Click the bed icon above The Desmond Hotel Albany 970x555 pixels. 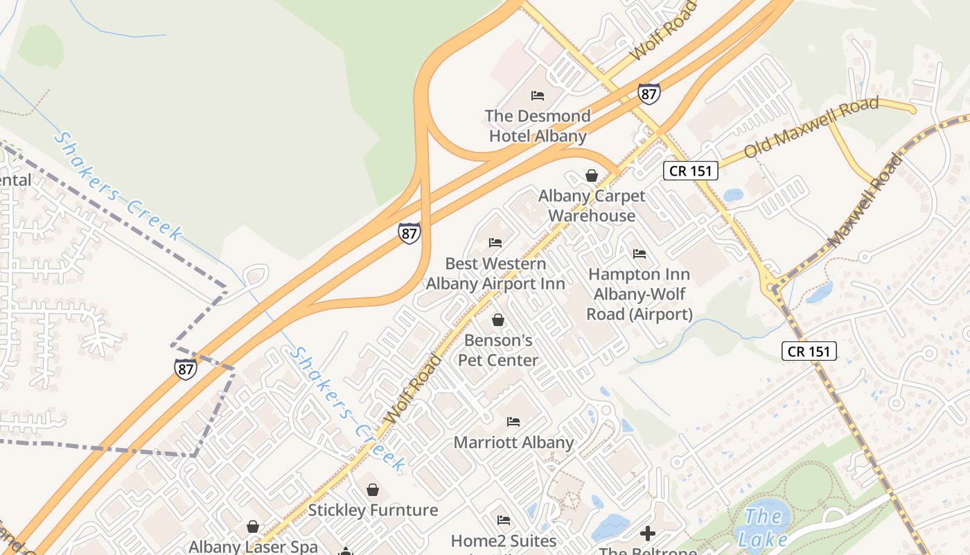point(538,96)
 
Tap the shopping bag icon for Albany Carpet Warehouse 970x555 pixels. point(592,176)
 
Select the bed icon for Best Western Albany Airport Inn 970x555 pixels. point(495,243)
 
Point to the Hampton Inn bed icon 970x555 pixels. point(640,254)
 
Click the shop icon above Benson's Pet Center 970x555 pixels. point(497,320)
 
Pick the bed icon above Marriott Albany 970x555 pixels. point(513,421)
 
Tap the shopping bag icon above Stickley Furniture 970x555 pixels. point(373,490)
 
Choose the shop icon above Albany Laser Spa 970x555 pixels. point(253,527)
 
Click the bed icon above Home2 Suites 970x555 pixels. point(504,520)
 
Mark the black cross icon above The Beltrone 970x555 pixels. point(647,533)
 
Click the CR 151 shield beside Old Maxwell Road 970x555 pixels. point(690,171)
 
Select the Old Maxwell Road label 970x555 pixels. point(811,128)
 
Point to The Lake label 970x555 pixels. point(763,528)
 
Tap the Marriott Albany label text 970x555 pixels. point(513,442)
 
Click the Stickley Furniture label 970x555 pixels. point(373,511)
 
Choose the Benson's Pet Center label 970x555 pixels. point(498,350)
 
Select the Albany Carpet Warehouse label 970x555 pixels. point(592,206)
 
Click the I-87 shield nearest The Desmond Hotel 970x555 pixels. point(649,94)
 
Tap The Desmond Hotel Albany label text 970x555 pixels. point(538,126)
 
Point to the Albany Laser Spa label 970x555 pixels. point(253,547)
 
